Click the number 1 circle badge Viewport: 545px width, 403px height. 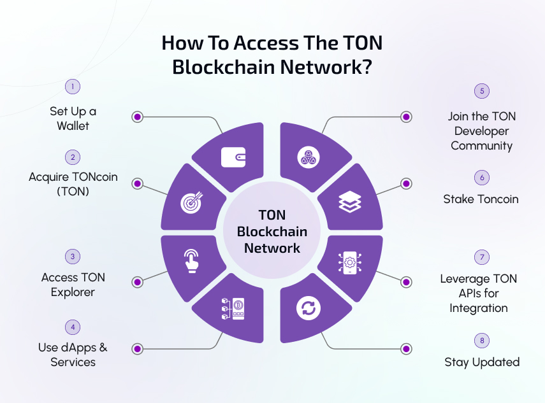click(73, 86)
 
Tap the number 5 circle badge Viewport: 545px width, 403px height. click(482, 91)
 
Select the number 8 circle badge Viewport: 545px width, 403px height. click(482, 341)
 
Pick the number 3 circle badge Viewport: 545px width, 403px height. click(73, 257)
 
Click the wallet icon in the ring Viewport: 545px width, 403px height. click(233, 157)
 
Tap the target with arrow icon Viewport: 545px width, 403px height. click(191, 202)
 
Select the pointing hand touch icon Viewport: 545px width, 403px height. click(190, 260)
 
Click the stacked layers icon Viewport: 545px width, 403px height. click(350, 202)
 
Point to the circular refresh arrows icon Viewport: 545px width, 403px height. click(307, 309)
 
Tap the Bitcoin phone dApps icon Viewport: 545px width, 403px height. click(233, 308)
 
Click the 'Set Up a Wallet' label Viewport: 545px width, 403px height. click(73, 118)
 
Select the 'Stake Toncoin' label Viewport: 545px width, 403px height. click(481, 199)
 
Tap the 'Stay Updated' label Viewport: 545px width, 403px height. click(482, 362)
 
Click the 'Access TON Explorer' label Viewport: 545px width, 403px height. click(73, 285)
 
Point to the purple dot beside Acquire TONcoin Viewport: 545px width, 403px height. click(137, 183)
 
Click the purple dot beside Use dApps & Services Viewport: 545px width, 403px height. click(137, 349)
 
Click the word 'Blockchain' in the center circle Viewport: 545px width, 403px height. click(272, 232)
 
